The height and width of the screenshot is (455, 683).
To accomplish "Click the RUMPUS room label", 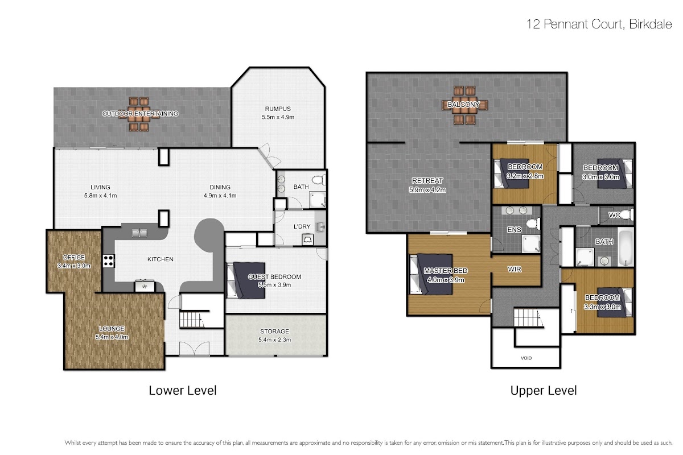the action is (x=278, y=109).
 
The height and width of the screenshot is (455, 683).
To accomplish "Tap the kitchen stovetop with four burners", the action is (x=108, y=261).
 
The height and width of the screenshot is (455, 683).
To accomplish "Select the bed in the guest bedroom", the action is (x=246, y=280).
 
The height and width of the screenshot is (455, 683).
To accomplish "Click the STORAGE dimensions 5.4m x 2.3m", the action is (x=274, y=340).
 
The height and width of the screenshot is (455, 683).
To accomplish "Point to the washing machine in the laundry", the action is (x=307, y=239).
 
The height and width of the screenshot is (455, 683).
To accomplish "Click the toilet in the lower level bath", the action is (x=319, y=180).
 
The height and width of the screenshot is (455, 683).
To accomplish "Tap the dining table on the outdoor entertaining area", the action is (x=139, y=114).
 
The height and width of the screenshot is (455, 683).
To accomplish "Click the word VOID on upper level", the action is (x=526, y=358).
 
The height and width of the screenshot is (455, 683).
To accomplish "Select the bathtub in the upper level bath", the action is (x=626, y=249).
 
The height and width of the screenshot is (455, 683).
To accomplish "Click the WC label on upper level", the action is (x=614, y=215).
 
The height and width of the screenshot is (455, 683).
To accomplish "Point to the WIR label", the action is (x=515, y=269).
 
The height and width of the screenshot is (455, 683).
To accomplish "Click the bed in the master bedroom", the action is (x=431, y=275).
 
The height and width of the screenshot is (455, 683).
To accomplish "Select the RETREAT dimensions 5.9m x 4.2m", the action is (x=427, y=189).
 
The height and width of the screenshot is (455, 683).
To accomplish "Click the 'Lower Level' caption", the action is (x=183, y=390).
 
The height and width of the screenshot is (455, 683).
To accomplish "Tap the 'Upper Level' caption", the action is (x=544, y=390).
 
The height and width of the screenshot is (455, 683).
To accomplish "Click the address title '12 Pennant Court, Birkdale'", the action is (x=599, y=24).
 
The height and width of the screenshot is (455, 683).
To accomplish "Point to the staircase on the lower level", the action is (x=192, y=319).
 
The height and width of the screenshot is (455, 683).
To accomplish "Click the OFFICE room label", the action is (x=74, y=257).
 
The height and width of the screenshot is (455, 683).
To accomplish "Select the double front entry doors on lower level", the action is (x=194, y=349).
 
